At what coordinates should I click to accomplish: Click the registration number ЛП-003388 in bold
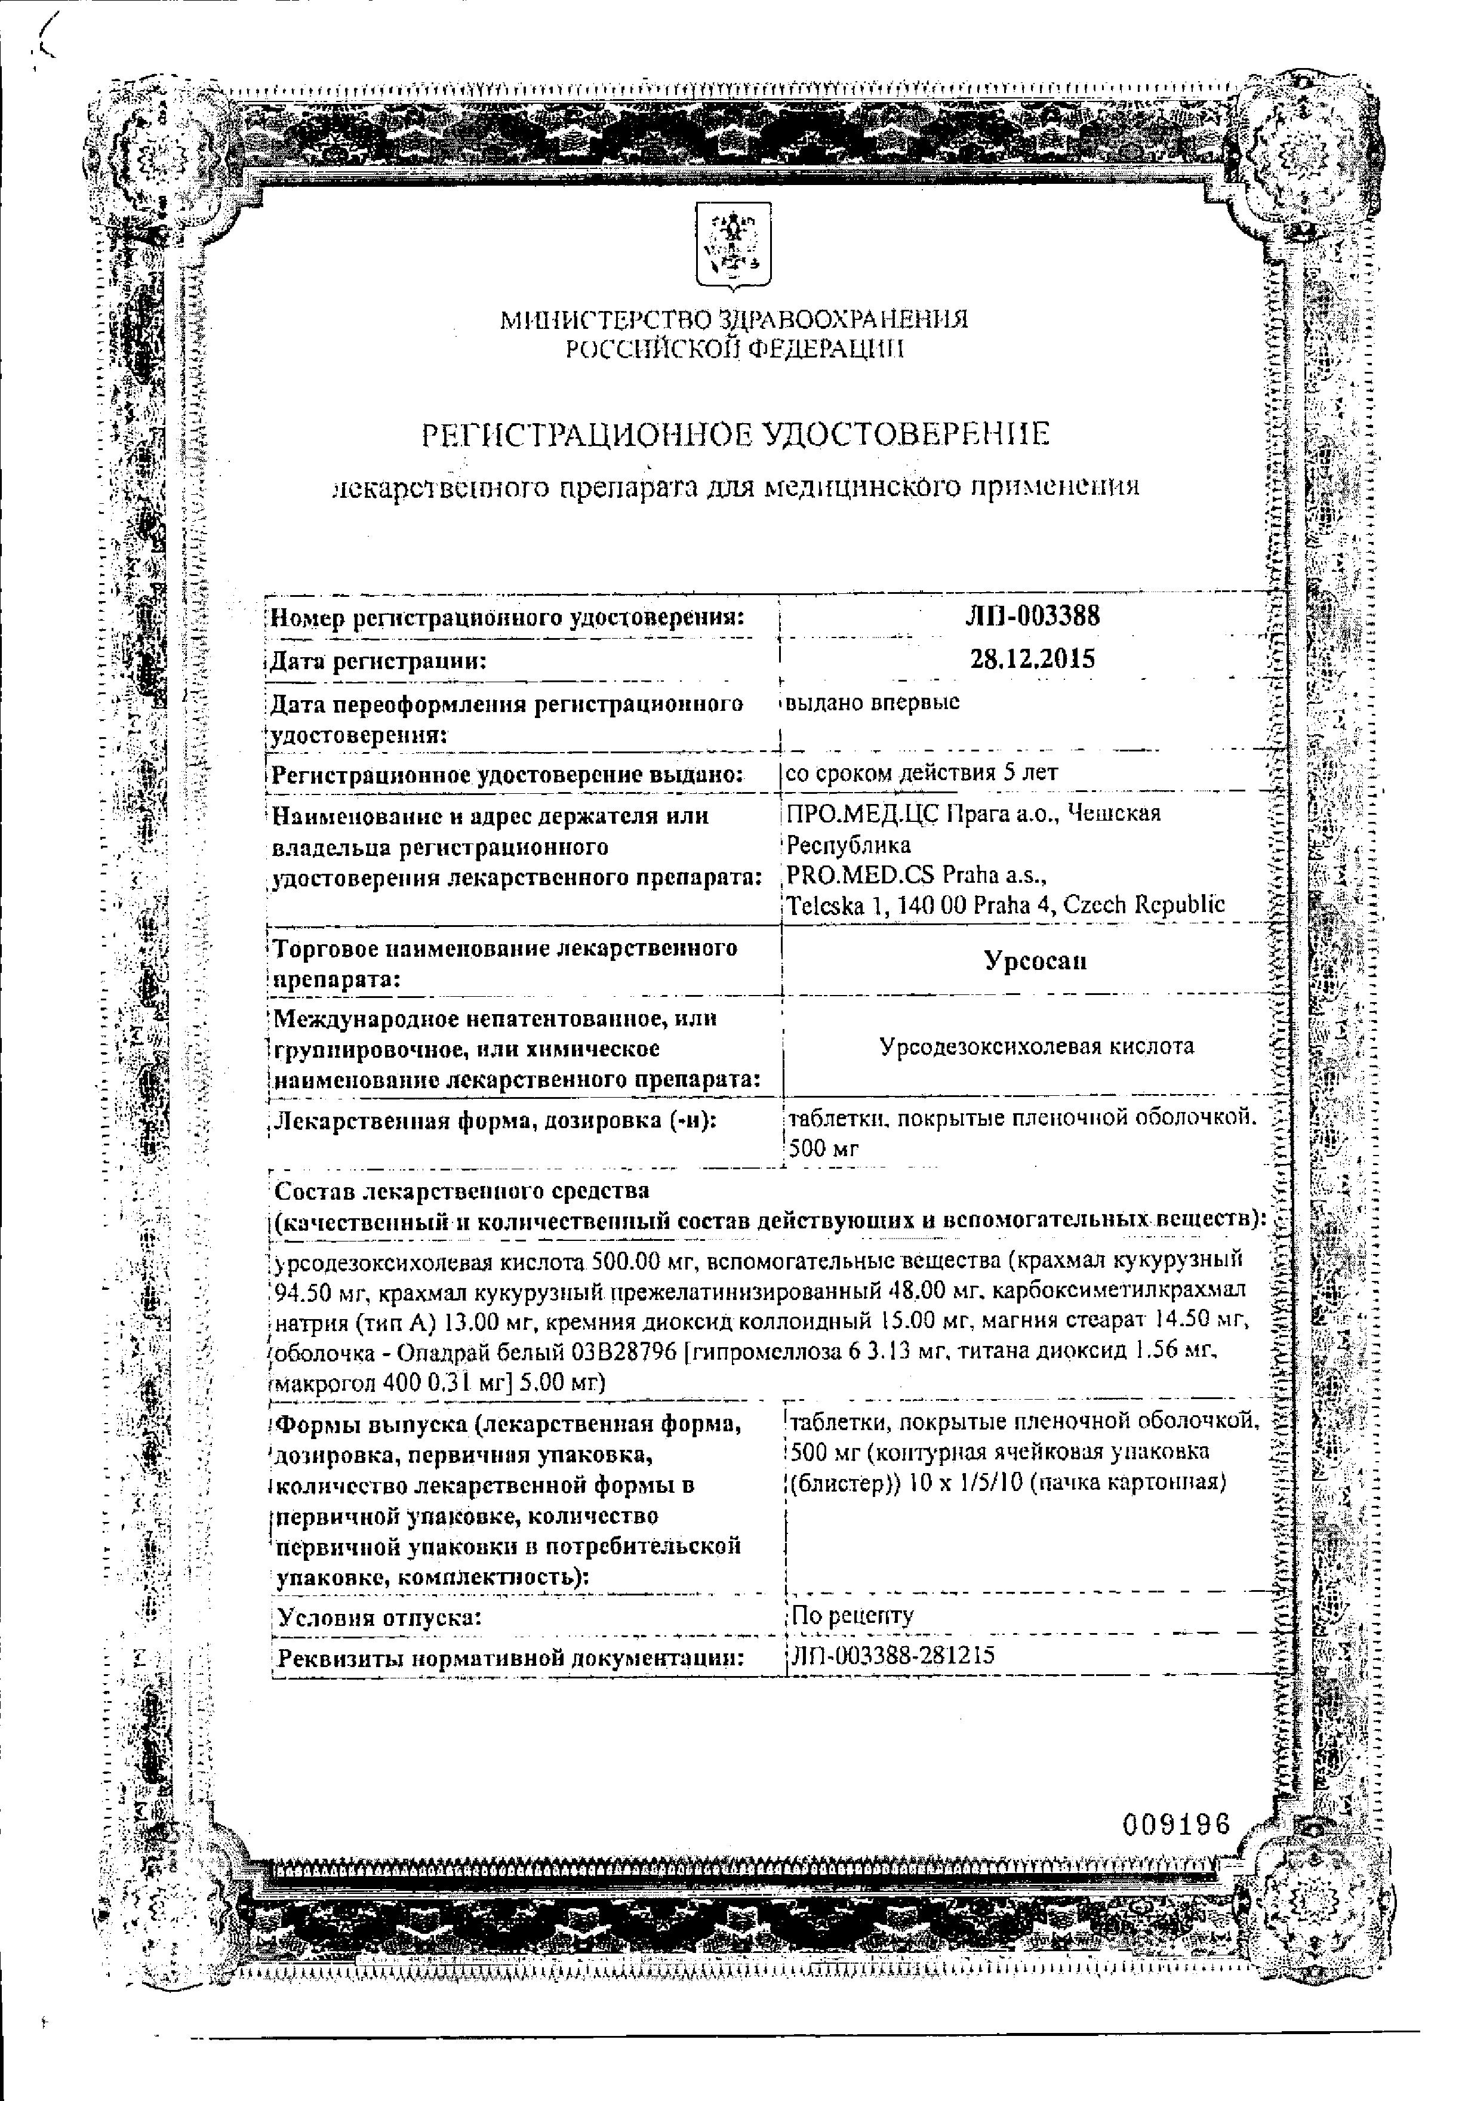coord(1032,616)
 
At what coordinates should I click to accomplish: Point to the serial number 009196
coord(1176,1823)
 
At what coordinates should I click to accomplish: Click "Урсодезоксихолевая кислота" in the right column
coord(1036,1046)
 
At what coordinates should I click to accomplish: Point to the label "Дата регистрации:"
coord(377,661)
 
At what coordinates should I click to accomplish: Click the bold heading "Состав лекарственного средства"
coord(461,1191)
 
